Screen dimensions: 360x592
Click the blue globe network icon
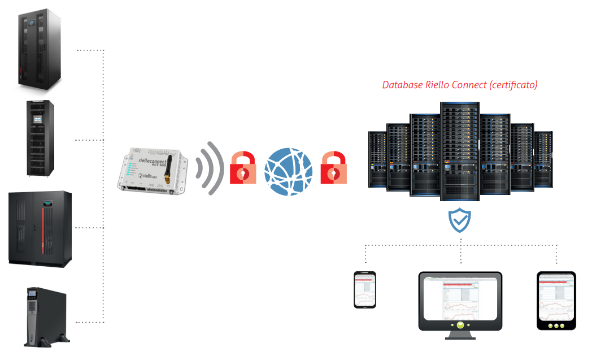[289, 172]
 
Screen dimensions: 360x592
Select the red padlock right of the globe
[334, 168]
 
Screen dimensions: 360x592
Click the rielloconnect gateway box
[150, 170]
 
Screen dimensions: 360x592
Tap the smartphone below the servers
[365, 289]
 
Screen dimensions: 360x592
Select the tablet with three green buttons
[556, 300]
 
